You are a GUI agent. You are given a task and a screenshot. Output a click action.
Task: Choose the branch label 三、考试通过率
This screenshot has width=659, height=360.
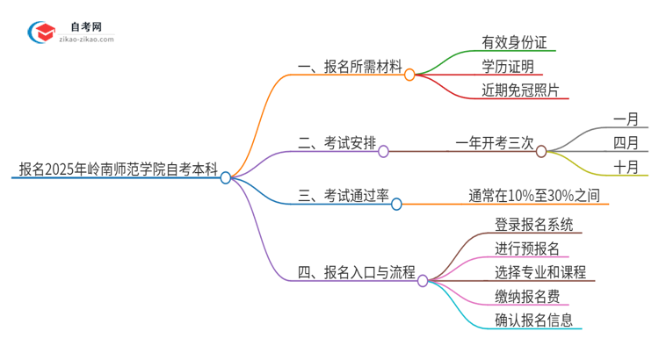click(343, 196)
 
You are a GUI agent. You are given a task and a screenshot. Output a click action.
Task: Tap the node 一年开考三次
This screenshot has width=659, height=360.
click(495, 143)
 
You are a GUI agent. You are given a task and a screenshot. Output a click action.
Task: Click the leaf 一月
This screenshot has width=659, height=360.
click(626, 118)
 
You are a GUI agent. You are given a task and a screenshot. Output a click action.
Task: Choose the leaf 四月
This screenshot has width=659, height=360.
click(626, 143)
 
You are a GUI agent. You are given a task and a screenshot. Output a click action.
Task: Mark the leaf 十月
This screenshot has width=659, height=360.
click(626, 168)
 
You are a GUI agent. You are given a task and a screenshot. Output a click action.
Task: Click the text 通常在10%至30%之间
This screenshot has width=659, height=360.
click(534, 196)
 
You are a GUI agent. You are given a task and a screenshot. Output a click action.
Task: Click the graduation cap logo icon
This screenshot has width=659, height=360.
click(40, 33)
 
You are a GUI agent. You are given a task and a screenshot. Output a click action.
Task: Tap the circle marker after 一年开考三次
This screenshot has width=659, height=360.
click(541, 151)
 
